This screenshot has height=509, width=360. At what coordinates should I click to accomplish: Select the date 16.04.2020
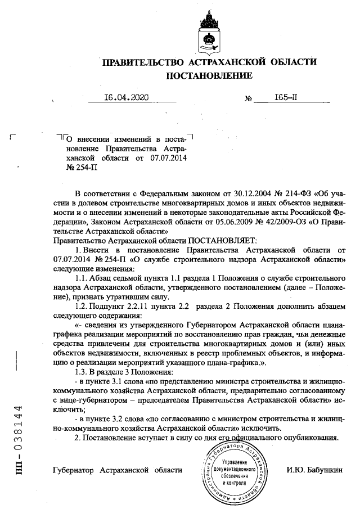click(x=125, y=97)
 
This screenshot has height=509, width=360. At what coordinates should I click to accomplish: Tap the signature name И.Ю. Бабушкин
click(x=313, y=470)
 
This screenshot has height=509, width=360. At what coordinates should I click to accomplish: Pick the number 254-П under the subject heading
click(x=78, y=166)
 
